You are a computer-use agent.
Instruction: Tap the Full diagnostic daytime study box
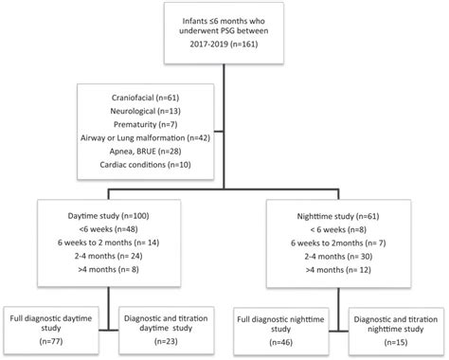[x=58, y=324]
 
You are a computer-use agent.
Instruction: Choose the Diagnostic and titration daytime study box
[x=167, y=324]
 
